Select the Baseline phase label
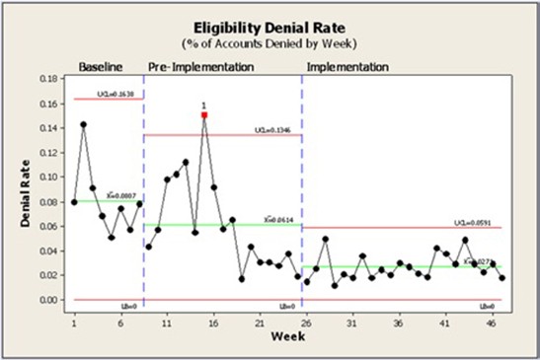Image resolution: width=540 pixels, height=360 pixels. [x=101, y=67]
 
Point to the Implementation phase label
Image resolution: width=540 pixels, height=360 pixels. [x=347, y=67]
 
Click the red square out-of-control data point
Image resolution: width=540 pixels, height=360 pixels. [x=204, y=115]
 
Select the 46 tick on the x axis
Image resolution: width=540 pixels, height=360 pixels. [x=491, y=322]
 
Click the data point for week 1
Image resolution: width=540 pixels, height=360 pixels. [x=74, y=201]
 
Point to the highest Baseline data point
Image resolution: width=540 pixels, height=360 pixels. [x=83, y=124]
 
